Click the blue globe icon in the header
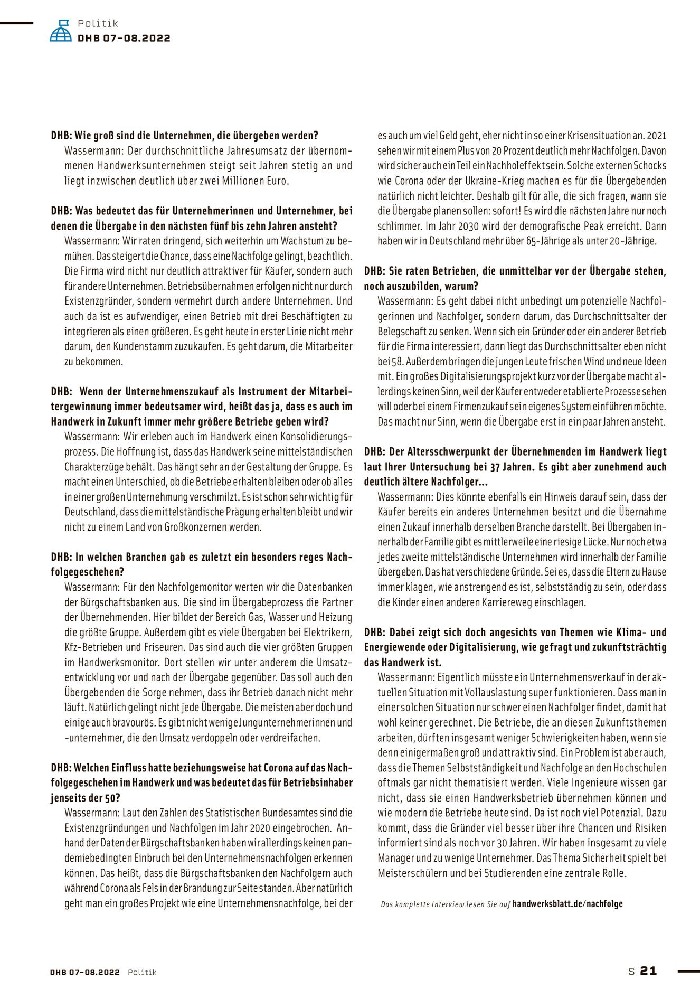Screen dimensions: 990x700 tap(61, 31)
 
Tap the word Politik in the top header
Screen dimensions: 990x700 tap(98, 23)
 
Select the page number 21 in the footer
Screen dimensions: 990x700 tap(648, 970)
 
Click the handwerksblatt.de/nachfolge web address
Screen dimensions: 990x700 tap(567, 904)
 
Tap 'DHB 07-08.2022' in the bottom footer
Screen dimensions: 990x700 tap(85, 972)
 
